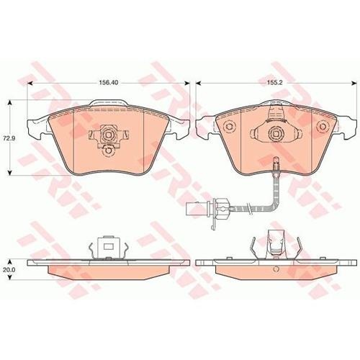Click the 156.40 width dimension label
pos(109,82)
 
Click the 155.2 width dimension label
pos(275,82)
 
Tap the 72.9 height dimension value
pos(7,138)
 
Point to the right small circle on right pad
pos(322,126)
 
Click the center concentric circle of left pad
pos(107,135)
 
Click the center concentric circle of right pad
pos(276,133)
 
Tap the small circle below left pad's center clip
pos(108,150)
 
